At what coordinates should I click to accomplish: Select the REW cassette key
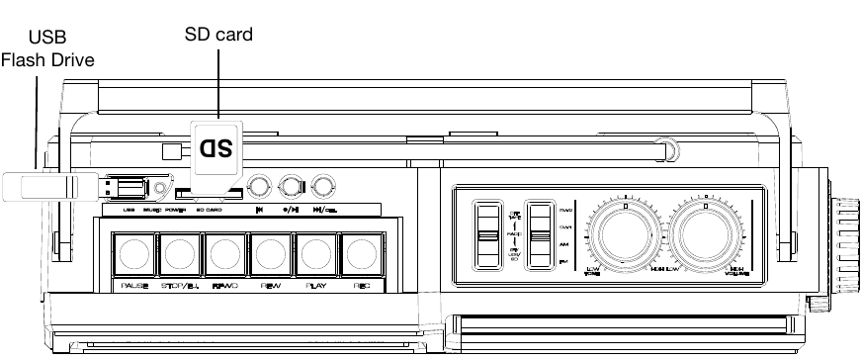(x=270, y=256)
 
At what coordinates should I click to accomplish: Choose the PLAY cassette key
(x=316, y=256)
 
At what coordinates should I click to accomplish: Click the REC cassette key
(x=363, y=256)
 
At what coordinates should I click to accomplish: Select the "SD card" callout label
(x=219, y=35)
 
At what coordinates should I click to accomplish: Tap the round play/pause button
(x=291, y=185)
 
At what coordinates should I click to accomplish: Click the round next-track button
(x=322, y=185)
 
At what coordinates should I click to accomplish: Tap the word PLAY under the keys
(x=316, y=287)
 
